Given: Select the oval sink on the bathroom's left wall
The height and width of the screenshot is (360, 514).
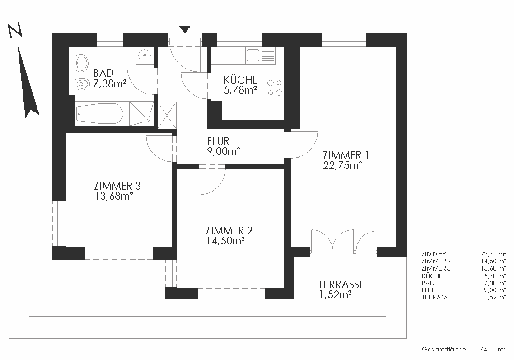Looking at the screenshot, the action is (82, 63).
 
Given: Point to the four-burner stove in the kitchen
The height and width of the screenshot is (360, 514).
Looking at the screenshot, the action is (275, 88).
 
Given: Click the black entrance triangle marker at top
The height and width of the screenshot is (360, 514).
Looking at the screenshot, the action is (185, 29).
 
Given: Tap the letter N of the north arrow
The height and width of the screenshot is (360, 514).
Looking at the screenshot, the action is (14, 31).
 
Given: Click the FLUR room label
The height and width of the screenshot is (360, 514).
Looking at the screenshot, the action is (218, 141).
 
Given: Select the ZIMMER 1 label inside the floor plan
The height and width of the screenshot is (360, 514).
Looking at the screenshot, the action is (346, 155).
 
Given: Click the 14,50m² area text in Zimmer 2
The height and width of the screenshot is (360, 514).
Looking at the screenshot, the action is (225, 241).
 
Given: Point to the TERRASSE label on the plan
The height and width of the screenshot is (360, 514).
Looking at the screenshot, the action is (341, 284).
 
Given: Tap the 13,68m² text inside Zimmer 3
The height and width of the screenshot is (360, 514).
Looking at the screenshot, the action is (113, 196).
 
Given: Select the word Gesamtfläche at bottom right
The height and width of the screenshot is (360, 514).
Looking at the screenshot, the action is (444, 349).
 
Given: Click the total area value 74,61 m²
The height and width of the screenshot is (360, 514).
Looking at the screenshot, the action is (493, 349).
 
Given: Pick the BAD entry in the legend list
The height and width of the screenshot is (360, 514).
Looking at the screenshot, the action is (428, 283).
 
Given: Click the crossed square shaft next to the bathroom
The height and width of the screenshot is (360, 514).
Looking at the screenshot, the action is (167, 115).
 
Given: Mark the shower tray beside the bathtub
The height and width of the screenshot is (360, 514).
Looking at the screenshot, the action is (141, 113).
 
